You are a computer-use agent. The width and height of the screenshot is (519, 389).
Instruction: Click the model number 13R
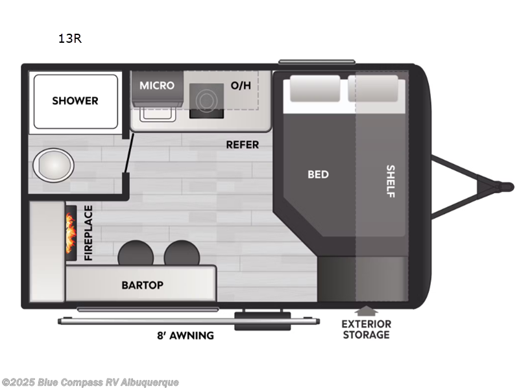click(70, 39)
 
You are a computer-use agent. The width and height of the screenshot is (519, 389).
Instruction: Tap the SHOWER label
click(75, 100)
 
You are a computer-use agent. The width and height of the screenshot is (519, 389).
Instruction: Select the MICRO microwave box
click(157, 88)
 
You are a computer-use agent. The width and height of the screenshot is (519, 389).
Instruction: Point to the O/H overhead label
click(241, 86)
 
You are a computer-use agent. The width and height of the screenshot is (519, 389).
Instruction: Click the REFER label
click(242, 145)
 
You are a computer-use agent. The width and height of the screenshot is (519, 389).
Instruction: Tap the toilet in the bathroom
click(53, 165)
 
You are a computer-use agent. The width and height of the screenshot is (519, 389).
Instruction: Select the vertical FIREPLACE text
click(88, 233)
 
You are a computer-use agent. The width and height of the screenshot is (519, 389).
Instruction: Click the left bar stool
click(136, 253)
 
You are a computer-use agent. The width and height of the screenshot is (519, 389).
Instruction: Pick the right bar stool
click(182, 253)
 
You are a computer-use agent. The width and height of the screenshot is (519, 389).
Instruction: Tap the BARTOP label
click(142, 285)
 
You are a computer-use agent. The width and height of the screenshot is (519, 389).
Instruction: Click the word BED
click(318, 174)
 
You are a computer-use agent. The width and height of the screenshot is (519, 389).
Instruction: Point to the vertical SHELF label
click(391, 182)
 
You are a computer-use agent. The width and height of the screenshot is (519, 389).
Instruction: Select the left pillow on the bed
click(315, 88)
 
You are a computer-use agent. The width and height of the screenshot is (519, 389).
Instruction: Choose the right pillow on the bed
click(373, 88)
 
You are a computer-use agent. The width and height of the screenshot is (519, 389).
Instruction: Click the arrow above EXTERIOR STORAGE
click(366, 311)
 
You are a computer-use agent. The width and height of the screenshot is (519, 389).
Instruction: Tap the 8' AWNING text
click(186, 335)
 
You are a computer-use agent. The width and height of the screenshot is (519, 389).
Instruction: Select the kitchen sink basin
click(158, 115)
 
